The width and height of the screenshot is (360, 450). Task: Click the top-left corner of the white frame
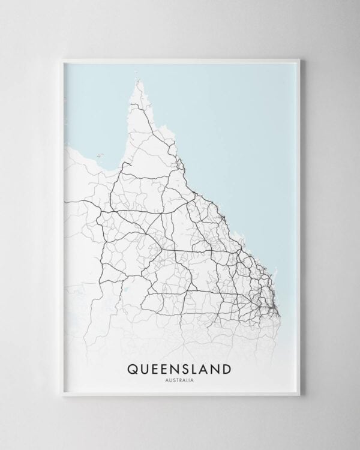pyautogui.click(x=62, y=59)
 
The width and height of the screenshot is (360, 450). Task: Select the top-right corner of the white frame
pyautogui.click(x=298, y=59)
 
